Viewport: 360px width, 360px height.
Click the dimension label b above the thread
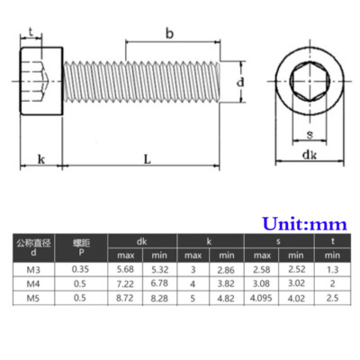tap(169, 33)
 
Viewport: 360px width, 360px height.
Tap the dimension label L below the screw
tap(147, 159)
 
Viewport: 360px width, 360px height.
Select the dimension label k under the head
tap(41, 159)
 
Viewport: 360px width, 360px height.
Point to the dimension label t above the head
tap(31, 31)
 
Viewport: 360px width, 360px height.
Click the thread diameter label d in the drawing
tap(240, 82)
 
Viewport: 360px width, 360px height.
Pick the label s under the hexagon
tap(310, 134)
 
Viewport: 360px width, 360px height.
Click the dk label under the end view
tap(310, 155)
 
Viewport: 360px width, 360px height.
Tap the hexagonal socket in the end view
tap(310, 81)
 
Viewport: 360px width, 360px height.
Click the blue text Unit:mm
tap(304, 224)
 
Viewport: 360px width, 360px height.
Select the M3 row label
tap(33, 270)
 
